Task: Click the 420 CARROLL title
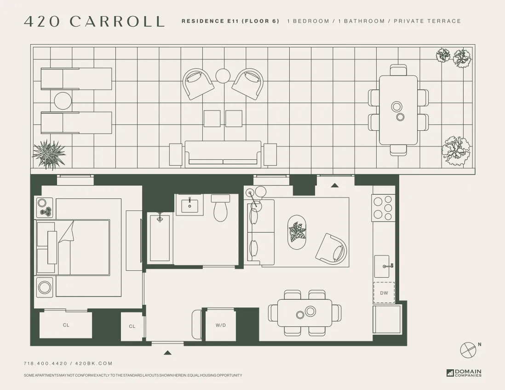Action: tap(94, 21)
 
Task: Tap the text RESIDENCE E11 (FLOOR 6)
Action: tap(230, 21)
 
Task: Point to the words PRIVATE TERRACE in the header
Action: tap(427, 21)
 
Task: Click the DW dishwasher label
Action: tap(384, 293)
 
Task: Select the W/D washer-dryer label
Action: tap(221, 325)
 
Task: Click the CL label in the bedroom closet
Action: tap(66, 325)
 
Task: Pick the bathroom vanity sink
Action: tap(189, 204)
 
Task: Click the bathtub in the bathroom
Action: tap(160, 238)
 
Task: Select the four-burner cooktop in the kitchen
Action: tap(383, 207)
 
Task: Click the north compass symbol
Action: tap(467, 350)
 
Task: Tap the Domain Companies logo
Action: tap(464, 373)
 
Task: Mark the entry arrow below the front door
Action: tap(167, 353)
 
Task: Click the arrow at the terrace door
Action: tap(335, 185)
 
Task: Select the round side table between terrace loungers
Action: tap(63, 100)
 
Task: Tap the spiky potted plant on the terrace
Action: tap(49, 154)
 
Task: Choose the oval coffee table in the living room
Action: tap(297, 233)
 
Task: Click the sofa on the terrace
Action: tap(223, 154)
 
